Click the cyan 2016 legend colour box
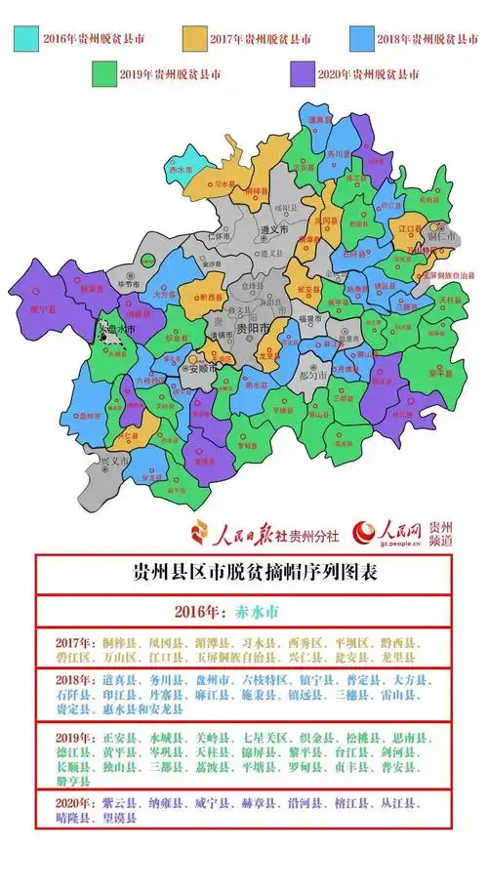tap(25, 37)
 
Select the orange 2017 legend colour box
tap(199, 37)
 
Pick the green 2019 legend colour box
tap(102, 73)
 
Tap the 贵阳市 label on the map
tap(250, 330)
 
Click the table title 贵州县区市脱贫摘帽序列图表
tap(244, 573)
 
